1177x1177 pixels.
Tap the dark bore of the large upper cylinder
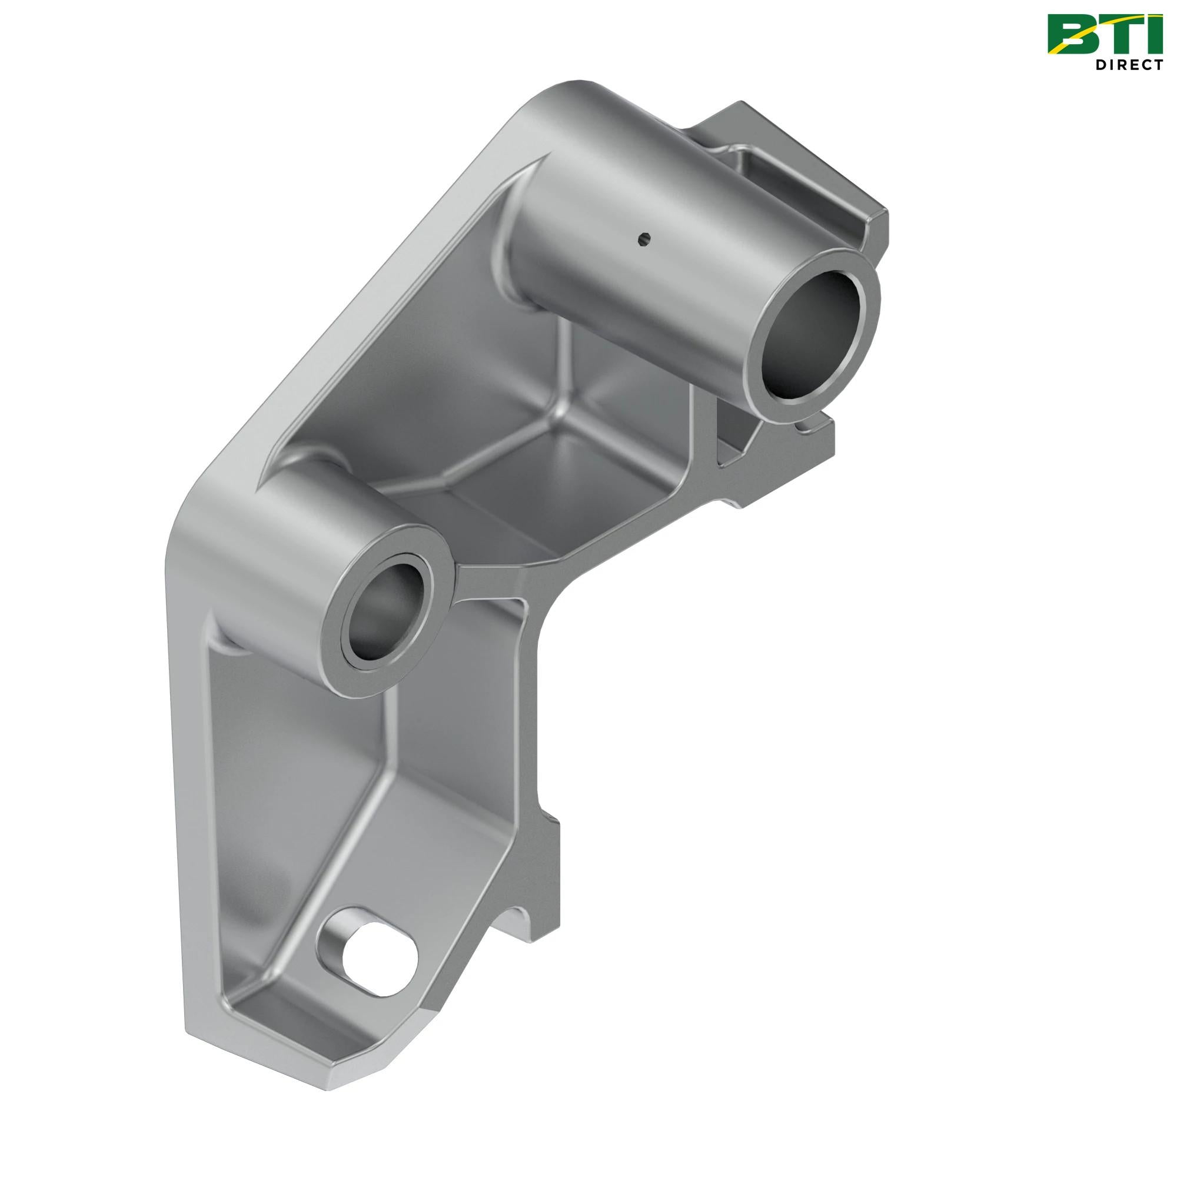coord(814,337)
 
